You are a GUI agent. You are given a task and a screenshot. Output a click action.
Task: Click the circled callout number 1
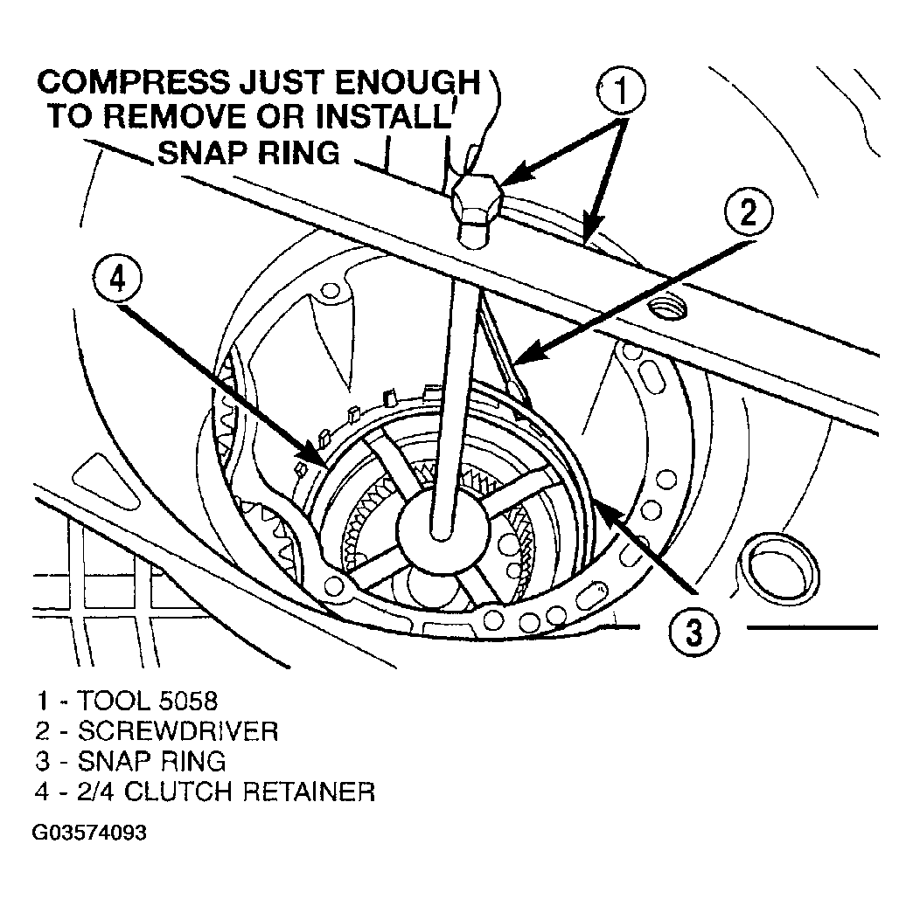[621, 90]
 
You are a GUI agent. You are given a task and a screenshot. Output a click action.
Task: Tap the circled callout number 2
[749, 211]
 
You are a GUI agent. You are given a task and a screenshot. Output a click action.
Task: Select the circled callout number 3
[693, 632]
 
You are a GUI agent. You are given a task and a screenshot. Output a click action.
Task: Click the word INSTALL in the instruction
[384, 116]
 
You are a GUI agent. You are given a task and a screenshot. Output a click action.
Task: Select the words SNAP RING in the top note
[248, 152]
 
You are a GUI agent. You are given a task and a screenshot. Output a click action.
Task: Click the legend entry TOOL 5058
[127, 701]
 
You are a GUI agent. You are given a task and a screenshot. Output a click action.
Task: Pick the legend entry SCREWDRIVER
[157, 731]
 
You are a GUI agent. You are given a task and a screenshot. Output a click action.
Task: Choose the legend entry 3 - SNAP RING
[131, 761]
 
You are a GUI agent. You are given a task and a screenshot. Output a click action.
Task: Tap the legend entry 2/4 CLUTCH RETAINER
[205, 792]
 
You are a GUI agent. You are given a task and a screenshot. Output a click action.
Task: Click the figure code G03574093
[89, 833]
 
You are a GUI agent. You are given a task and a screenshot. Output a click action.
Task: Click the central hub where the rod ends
[443, 522]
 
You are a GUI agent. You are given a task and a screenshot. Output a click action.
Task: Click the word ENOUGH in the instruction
[406, 82]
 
